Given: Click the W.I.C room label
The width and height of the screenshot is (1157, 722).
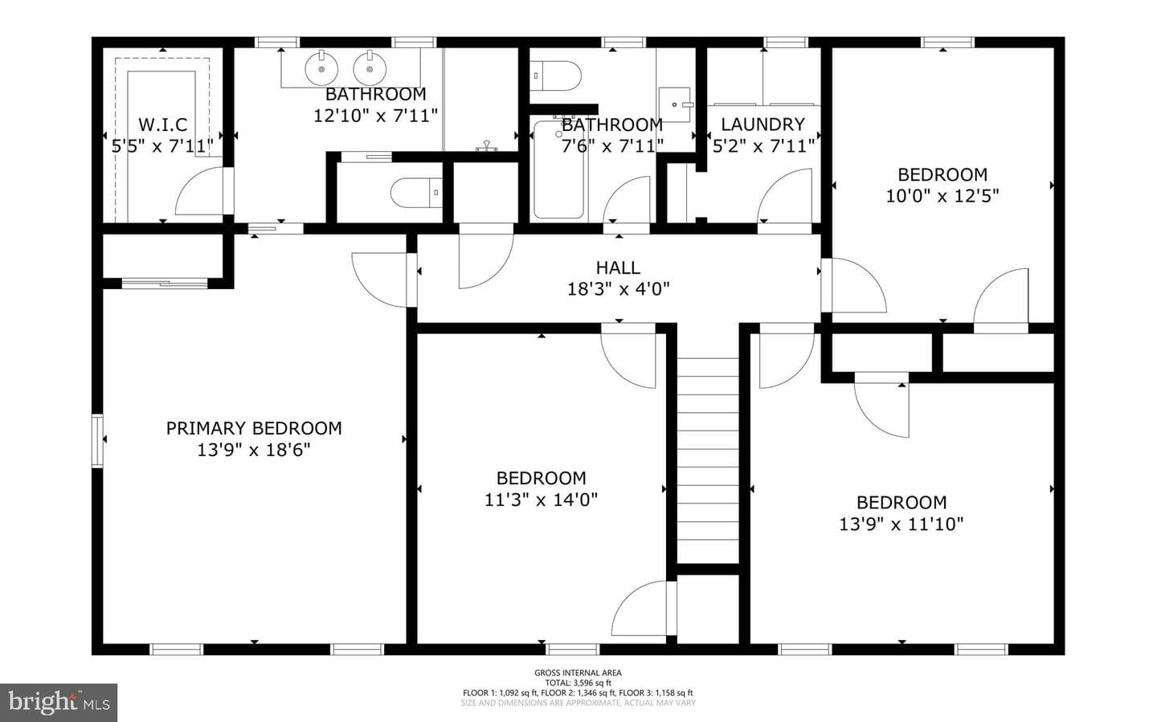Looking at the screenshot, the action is pos(162,124).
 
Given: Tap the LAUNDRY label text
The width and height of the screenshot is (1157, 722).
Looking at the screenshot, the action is pos(763,124).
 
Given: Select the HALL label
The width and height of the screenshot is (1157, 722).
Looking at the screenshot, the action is pos(619,267).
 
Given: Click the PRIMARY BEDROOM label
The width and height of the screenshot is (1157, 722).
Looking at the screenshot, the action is pos(254,428).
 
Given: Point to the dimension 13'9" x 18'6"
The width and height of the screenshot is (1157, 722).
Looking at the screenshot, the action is pos(254,450).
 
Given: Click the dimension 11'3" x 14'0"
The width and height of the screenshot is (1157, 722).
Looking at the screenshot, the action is pos(541,500).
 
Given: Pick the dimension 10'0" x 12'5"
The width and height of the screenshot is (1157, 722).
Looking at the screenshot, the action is pos(942,196).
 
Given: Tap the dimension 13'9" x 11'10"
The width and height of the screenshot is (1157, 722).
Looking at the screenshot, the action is pos(901,524).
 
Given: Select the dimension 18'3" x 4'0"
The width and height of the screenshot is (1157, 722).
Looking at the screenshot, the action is pos(619,288).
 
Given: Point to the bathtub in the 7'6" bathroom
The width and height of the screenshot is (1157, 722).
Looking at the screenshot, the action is pos(559,169).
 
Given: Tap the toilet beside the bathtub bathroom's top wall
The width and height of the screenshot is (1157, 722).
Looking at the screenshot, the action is pos(555,76).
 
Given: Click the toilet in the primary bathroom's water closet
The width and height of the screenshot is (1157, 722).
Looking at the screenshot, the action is pos(416,193).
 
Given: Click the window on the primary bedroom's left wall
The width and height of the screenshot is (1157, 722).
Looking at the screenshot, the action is pos(97,441).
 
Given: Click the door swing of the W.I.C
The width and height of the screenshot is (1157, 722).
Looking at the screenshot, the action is pos(199,190).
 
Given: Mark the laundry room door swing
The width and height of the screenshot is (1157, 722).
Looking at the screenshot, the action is pos(784,196).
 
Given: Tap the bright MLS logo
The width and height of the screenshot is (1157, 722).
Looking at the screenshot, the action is pos(59,703).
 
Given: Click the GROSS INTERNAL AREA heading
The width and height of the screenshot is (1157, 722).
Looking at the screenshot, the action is pos(578,672).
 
